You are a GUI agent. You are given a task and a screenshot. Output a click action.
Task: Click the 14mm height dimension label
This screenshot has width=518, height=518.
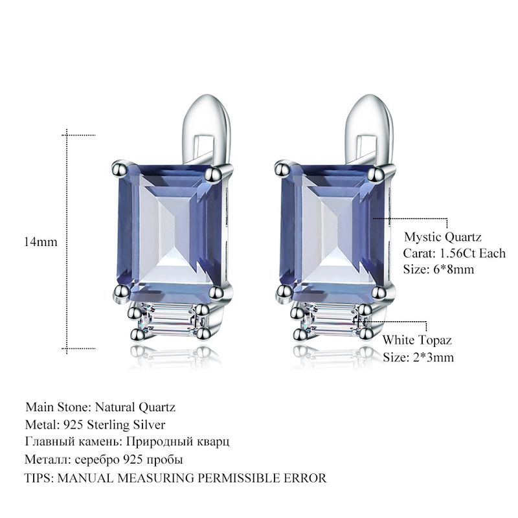[x=40, y=242]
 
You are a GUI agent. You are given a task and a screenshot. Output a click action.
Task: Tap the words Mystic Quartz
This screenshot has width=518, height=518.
[x=442, y=238]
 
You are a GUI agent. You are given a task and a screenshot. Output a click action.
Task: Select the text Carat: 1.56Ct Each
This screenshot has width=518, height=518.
[x=455, y=253]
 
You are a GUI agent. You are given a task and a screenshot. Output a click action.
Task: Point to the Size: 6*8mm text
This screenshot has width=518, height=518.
[x=438, y=269]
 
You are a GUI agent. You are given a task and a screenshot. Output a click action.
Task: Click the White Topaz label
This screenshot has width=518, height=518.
[x=417, y=341]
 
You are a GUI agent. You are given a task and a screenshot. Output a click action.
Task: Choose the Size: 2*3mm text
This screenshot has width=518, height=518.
[x=418, y=357]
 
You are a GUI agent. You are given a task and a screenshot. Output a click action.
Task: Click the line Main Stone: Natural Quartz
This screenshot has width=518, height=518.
[x=100, y=407]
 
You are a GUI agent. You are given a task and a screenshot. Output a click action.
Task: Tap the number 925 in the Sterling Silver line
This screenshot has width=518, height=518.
[x=73, y=425]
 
